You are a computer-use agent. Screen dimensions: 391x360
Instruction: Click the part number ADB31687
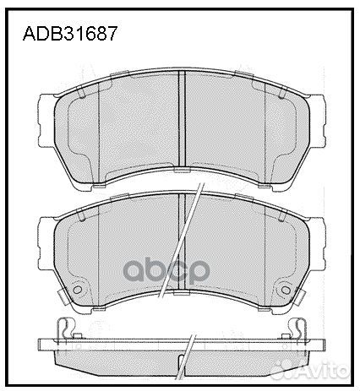tap(68, 35)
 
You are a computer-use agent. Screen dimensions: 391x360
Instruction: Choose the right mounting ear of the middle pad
tap(319, 232)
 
